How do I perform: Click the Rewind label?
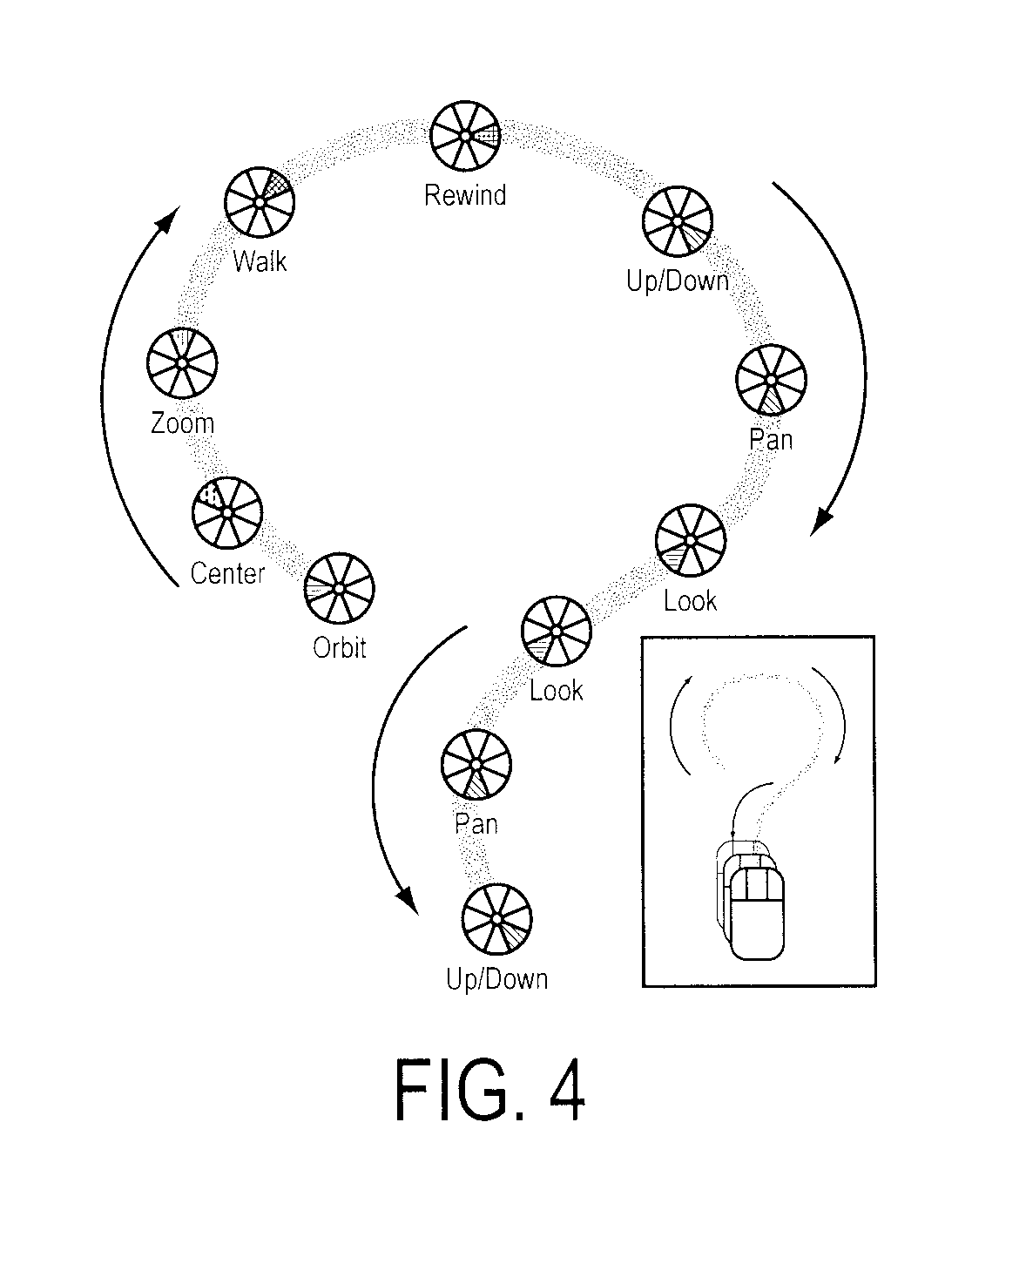click(465, 195)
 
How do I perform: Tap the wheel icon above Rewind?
click(465, 135)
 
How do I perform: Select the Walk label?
click(260, 260)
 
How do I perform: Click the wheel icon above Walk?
click(260, 202)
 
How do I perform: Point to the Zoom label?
click(182, 423)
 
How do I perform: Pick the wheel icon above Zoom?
click(182, 362)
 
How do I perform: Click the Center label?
click(227, 573)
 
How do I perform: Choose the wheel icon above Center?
click(227, 512)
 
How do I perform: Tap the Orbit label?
click(339, 647)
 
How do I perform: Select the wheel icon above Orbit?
click(339, 588)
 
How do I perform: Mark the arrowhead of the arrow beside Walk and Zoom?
click(168, 219)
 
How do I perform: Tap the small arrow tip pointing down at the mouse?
click(733, 833)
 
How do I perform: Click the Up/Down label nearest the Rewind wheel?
click(678, 281)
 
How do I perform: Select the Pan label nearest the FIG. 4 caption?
click(476, 824)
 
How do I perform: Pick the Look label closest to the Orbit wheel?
click(556, 691)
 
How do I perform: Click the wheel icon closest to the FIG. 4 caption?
click(497, 920)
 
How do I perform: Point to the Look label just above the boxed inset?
click(690, 601)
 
